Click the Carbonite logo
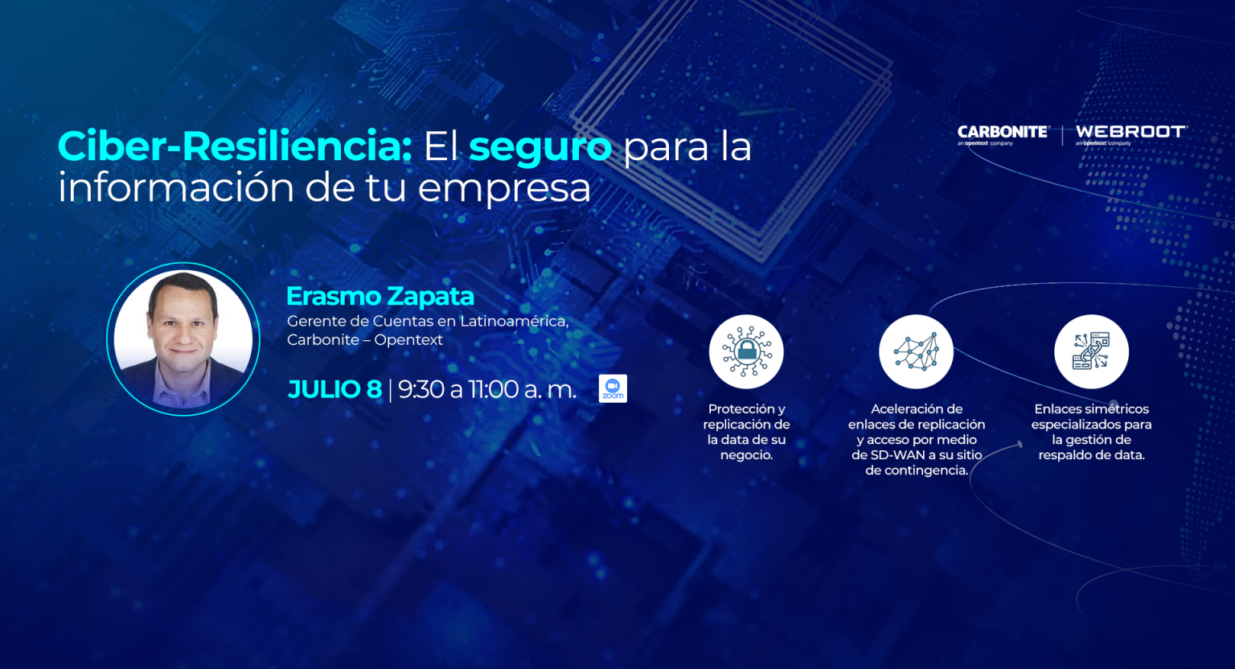coord(1003,135)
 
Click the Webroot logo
coord(1131,135)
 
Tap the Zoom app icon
coord(613,389)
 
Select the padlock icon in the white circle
coord(746,351)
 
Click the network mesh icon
coord(916,351)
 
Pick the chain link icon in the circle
coord(1091,351)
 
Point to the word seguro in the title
coord(540,149)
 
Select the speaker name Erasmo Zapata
coord(380,296)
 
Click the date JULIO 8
coord(334,389)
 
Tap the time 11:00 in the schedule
coord(494,389)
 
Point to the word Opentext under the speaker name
coord(408,340)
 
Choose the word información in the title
coord(175,187)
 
